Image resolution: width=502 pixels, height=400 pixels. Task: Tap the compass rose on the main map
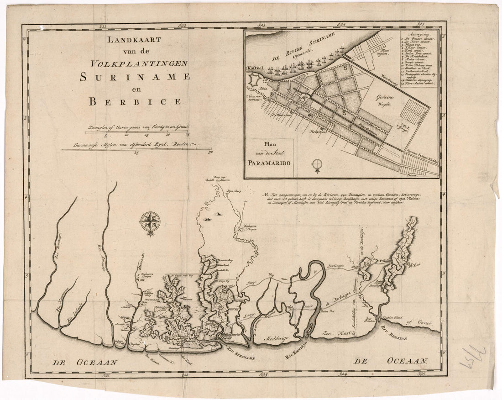point(150,222)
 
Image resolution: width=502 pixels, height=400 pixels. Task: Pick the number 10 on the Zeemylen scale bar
point(126,135)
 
